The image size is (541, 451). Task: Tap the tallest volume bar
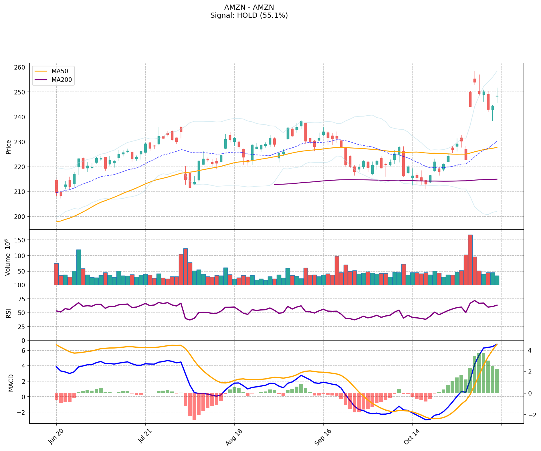pyautogui.click(x=470, y=260)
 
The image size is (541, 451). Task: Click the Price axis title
pyautogui.click(x=9, y=147)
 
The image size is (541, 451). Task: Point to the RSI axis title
pyautogui.click(x=9, y=313)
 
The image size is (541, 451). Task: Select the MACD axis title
pyautogui.click(x=11, y=383)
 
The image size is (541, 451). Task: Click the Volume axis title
pyautogui.click(x=8, y=257)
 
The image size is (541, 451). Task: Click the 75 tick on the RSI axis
pyautogui.click(x=22, y=299)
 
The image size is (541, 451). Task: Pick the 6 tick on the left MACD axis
pyautogui.click(x=24, y=351)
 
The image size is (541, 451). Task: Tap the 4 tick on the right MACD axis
pyautogui.click(x=530, y=350)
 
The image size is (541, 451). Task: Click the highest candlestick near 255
pyautogui.click(x=475, y=80)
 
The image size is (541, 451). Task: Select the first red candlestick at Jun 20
pyautogui.click(x=56, y=186)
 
